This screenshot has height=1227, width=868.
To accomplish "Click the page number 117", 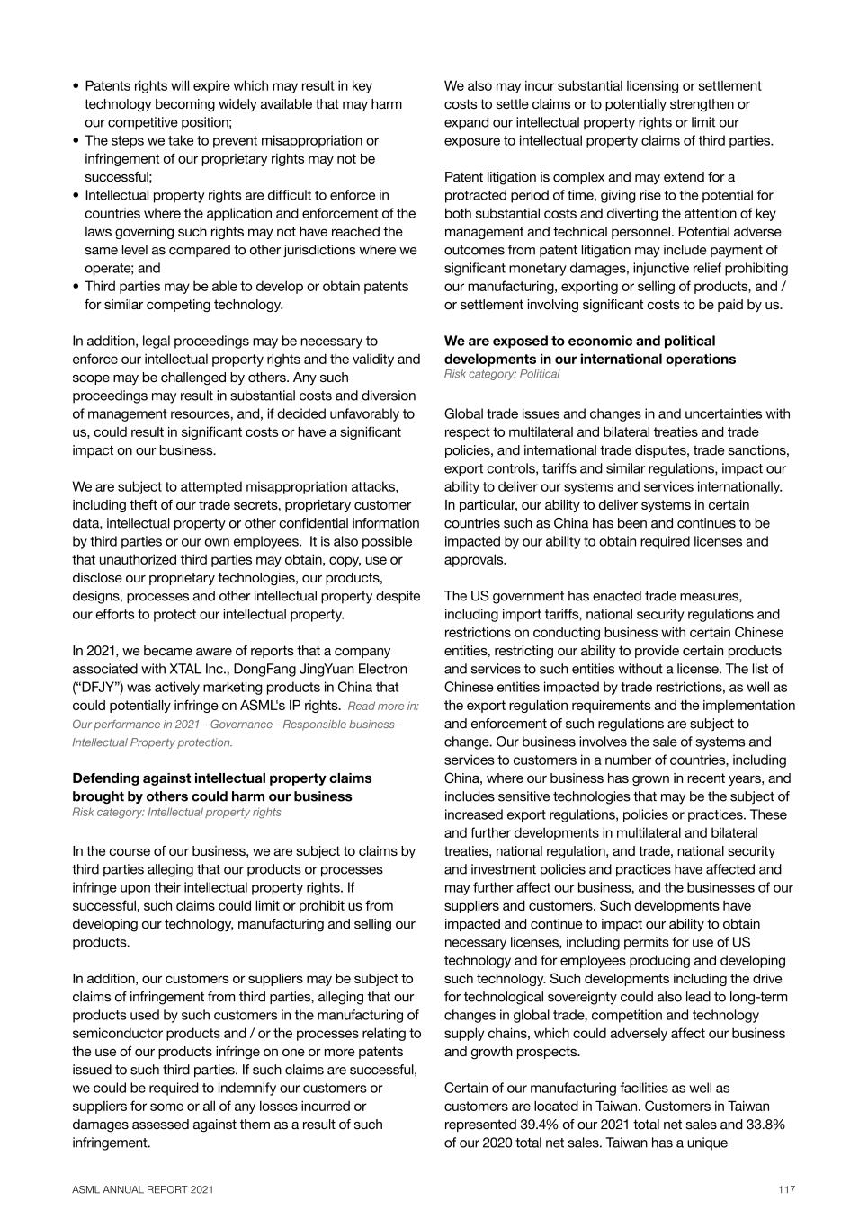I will (787, 1189).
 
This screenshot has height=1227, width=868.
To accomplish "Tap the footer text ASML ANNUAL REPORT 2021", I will (143, 1189).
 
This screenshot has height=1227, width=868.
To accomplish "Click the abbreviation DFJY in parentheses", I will (101, 688).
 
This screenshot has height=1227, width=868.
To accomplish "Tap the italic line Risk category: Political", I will (501, 374).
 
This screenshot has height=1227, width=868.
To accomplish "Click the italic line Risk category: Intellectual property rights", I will (176, 813).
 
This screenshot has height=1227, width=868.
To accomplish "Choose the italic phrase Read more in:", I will (383, 707).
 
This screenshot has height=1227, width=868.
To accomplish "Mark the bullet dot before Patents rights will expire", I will (76, 86).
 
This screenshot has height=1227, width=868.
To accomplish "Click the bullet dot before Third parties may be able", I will (76, 287).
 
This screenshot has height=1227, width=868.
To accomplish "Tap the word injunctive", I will (665, 268).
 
